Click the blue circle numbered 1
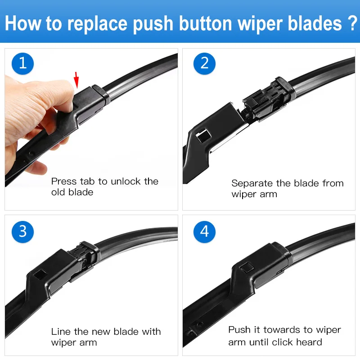pyautogui.click(x=22, y=63)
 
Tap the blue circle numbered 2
pyautogui.click(x=204, y=63)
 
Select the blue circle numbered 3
pyautogui.click(x=22, y=232)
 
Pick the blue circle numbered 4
pyautogui.click(x=204, y=232)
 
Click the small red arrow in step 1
pyautogui.click(x=77, y=80)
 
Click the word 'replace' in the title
pyautogui.click(x=98, y=23)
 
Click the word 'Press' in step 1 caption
pyautogui.click(x=64, y=181)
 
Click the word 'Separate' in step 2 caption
pyautogui.click(x=252, y=184)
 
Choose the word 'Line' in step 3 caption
pyautogui.click(x=60, y=332)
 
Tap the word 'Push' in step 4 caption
pyautogui.click(x=238, y=330)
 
